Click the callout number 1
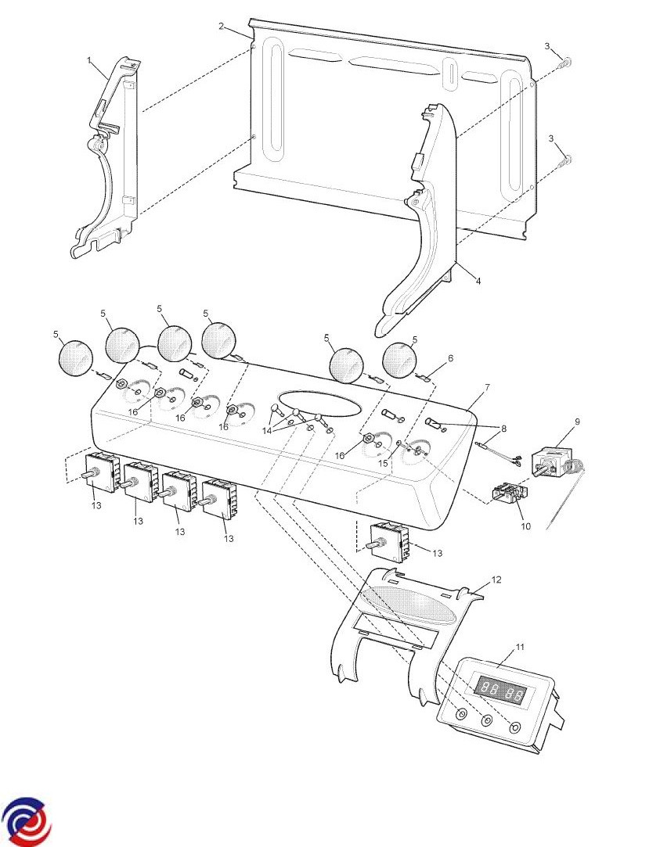point(90,60)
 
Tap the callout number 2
point(222,26)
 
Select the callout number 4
point(478,281)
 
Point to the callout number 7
point(487,388)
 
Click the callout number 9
point(577,422)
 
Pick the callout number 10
point(526,526)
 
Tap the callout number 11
point(520,647)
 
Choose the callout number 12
point(496,580)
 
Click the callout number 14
point(267,430)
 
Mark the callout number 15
point(383,463)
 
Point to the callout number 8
point(503,429)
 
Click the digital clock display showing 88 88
point(500,691)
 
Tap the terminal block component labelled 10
point(509,493)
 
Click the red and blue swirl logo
point(26,821)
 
